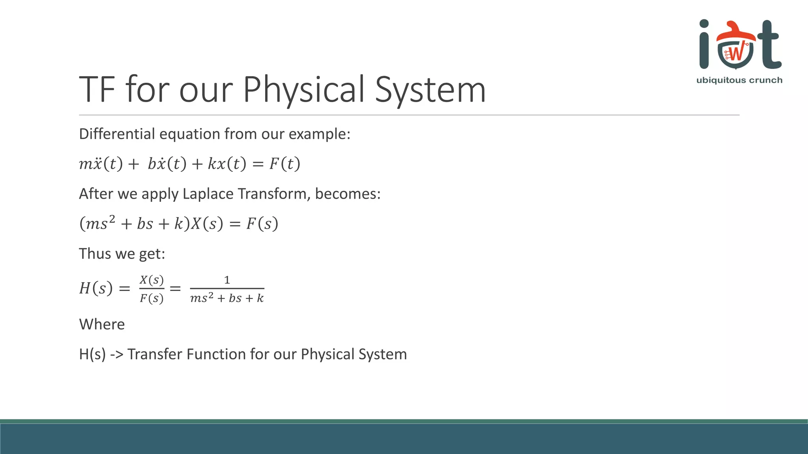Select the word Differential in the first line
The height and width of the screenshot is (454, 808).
click(x=117, y=134)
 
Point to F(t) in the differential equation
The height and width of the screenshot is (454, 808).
click(x=284, y=164)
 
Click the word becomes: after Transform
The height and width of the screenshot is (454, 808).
click(x=348, y=194)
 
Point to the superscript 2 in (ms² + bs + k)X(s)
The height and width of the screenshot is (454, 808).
click(x=112, y=219)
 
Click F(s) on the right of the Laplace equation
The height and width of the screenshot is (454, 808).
click(x=262, y=224)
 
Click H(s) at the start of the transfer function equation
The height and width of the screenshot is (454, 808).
click(x=96, y=288)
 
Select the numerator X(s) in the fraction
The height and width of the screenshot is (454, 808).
click(x=151, y=280)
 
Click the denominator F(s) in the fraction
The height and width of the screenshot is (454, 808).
click(x=151, y=298)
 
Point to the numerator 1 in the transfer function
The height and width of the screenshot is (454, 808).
click(x=227, y=280)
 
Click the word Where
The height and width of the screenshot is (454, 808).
click(x=102, y=324)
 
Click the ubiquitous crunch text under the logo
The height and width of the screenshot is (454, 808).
click(x=739, y=80)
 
